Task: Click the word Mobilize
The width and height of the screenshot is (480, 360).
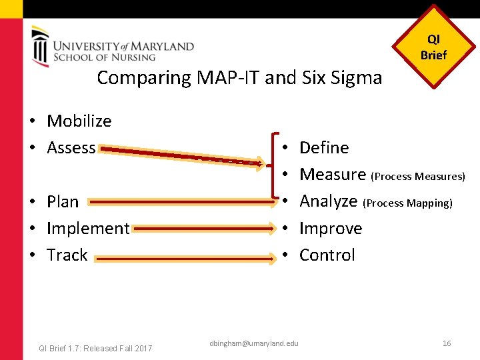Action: pos(79,121)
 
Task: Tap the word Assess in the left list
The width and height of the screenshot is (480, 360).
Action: pos(71,148)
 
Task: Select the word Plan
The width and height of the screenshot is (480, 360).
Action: pos(63,201)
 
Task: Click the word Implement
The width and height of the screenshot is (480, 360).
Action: pos(88,228)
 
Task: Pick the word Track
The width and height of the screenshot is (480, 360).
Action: pos(67,255)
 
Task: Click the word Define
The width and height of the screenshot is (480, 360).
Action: pos(324,148)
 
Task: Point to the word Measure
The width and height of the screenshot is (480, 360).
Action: pos(333,175)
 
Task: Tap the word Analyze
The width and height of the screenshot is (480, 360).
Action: pos(329,201)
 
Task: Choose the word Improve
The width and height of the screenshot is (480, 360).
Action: pos(331,228)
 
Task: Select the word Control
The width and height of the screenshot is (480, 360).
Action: pos(327,255)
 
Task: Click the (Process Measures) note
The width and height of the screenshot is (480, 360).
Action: pos(419,177)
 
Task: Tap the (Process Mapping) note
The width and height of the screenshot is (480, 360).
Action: pos(409,203)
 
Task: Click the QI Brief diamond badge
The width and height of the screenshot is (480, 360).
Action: pos(433,47)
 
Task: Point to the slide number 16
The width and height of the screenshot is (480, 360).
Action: pos(447,343)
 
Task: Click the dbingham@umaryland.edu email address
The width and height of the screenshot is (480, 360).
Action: pos(254,343)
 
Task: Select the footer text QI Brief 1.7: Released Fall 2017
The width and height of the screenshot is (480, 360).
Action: pos(96,348)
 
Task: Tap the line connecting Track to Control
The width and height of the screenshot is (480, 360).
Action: pos(183,255)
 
